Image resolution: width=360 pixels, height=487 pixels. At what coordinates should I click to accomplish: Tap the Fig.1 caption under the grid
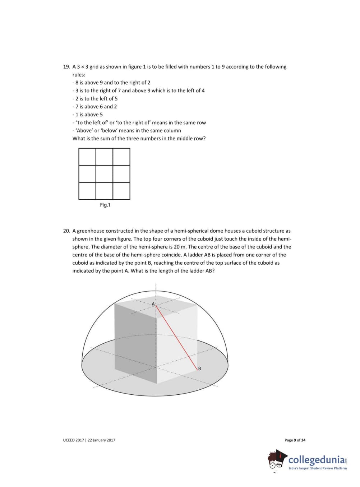(x=105, y=205)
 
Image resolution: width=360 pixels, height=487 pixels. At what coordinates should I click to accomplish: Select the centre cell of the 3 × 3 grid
(x=104, y=174)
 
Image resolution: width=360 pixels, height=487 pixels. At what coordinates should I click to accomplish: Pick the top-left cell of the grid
(x=87, y=157)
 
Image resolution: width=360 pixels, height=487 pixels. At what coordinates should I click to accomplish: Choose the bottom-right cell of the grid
(x=121, y=191)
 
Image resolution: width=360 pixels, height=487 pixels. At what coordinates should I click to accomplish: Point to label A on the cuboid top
(x=153, y=304)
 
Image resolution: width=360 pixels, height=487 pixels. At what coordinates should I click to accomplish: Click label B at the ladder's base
(x=199, y=368)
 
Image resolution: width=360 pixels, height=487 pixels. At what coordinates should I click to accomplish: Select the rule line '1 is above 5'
(x=88, y=115)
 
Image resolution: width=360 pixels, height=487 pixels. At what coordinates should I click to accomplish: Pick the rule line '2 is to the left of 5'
(x=95, y=99)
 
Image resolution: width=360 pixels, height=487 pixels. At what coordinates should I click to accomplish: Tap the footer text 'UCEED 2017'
(x=74, y=440)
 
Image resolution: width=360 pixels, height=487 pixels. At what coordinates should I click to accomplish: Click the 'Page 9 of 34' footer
(x=295, y=440)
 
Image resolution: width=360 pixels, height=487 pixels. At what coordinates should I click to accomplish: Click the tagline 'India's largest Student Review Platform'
(x=318, y=468)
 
